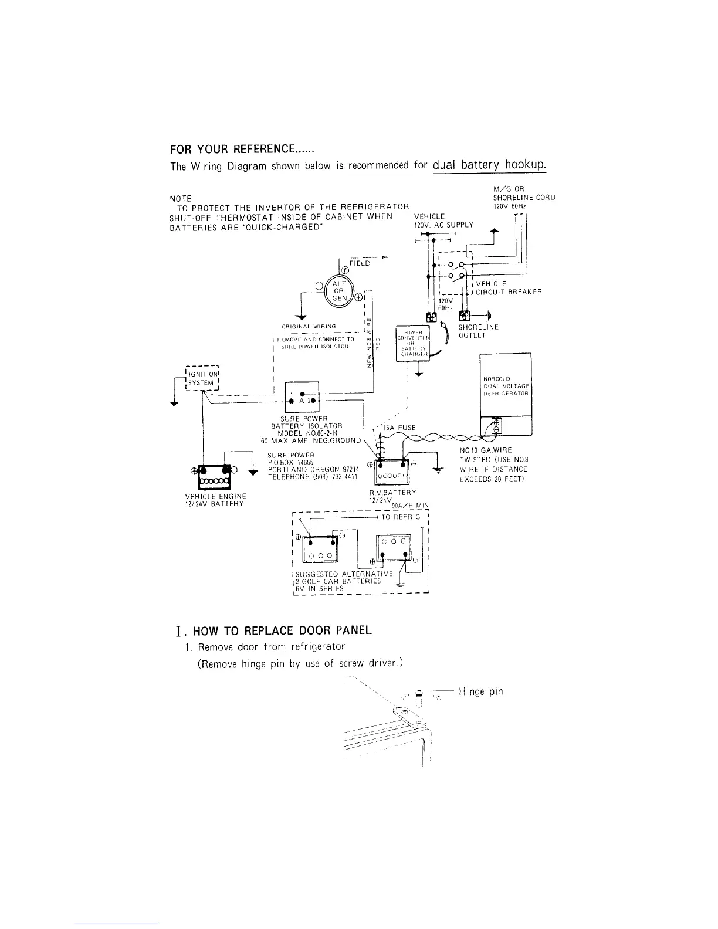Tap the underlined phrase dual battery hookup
[489, 165]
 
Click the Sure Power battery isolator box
[301, 396]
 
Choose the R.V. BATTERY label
[389, 492]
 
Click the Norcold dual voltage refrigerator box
[506, 385]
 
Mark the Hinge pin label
[481, 691]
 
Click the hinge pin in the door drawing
[419, 696]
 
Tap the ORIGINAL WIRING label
[309, 327]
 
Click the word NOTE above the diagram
[180, 199]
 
